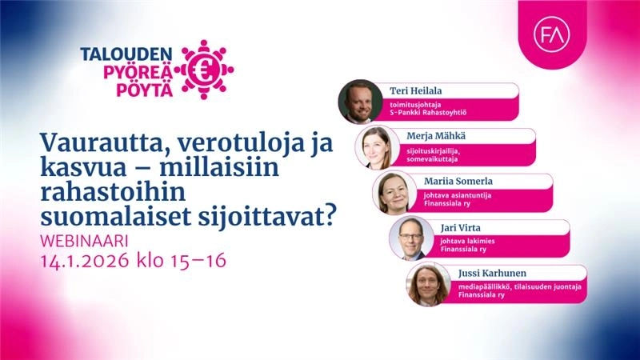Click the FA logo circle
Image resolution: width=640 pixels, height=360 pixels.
pyautogui.click(x=551, y=34)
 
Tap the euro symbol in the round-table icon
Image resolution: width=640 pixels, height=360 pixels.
pyautogui.click(x=202, y=70)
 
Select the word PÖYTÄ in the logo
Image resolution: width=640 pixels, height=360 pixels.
pyautogui.click(x=145, y=90)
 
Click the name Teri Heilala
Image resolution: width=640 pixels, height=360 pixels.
pyautogui.click(x=415, y=90)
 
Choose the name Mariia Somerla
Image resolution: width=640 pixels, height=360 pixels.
pyautogui.click(x=458, y=182)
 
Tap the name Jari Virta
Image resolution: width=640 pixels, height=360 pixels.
pyautogui.click(x=461, y=228)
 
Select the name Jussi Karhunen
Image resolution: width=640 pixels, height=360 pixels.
pyautogui.click(x=492, y=273)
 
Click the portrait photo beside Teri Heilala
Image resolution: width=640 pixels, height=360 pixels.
pyautogui.click(x=361, y=102)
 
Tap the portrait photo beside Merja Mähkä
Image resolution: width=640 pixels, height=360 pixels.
pyautogui.click(x=377, y=147)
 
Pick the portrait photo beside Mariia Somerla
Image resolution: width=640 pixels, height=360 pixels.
pyautogui.click(x=394, y=193)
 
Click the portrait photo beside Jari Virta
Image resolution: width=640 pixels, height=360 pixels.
pyautogui.click(x=411, y=238)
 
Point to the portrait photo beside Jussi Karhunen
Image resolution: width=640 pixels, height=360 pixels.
pyautogui.click(x=428, y=284)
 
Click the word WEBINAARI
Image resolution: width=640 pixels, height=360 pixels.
pyautogui.click(x=85, y=241)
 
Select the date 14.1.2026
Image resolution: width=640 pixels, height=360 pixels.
pyautogui.click(x=85, y=261)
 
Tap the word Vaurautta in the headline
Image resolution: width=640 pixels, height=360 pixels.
pyautogui.click(x=104, y=142)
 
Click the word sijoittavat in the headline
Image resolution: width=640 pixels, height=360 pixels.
pyautogui.click(x=266, y=217)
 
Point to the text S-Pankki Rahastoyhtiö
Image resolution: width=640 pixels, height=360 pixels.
pyautogui.click(x=428, y=113)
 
